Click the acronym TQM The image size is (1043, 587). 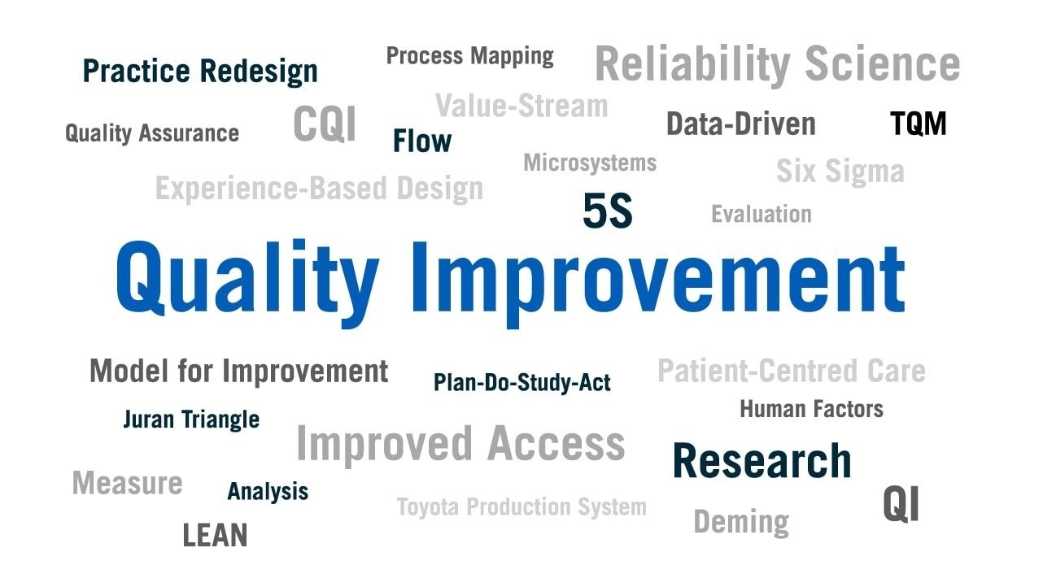[x=918, y=124]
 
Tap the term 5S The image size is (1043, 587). [x=608, y=211]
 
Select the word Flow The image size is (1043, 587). [x=422, y=141]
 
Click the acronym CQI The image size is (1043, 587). [x=325, y=124]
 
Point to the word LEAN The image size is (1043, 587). [x=215, y=535]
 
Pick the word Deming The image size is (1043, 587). [x=741, y=522]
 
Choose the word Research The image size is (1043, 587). [x=762, y=460]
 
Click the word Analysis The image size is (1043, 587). [x=268, y=492]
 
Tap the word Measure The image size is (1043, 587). [x=127, y=483]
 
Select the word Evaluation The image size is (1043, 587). [x=762, y=214]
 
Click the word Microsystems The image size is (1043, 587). [x=590, y=163]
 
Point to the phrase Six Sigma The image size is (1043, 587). [x=840, y=172]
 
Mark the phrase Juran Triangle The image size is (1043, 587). [x=191, y=420]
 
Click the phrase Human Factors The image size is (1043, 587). [x=812, y=409]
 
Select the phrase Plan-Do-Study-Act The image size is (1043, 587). [x=522, y=383]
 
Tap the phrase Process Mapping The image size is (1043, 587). [x=470, y=57]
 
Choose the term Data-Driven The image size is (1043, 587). [x=741, y=124]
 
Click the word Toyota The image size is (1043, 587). [x=428, y=507]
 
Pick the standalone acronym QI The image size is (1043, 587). [x=901, y=504]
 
